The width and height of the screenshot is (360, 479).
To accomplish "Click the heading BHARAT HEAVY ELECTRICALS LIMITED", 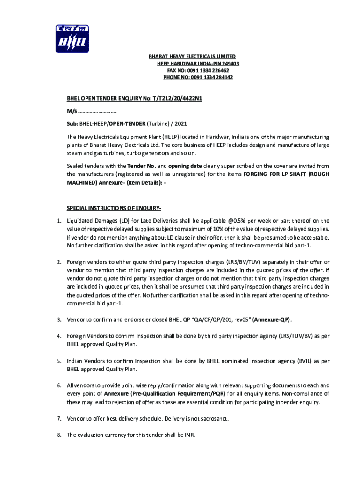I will click(x=192, y=57).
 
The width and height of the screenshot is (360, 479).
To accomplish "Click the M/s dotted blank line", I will click(x=97, y=112).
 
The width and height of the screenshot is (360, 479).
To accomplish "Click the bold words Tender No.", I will click(x=141, y=166).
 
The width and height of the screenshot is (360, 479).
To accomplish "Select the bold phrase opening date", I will click(x=185, y=166).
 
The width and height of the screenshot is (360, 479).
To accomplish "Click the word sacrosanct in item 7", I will click(x=213, y=418).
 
